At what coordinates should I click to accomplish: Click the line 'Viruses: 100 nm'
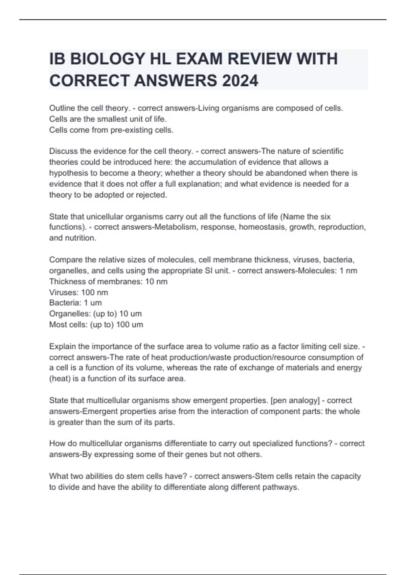[78, 292]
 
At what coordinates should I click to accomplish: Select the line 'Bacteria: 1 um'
[75, 303]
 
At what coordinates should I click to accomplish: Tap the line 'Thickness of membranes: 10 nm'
[108, 281]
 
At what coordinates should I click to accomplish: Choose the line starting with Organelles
[95, 314]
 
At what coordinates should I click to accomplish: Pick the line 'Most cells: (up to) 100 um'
[96, 325]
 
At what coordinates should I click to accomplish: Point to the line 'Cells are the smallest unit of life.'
[108, 119]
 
